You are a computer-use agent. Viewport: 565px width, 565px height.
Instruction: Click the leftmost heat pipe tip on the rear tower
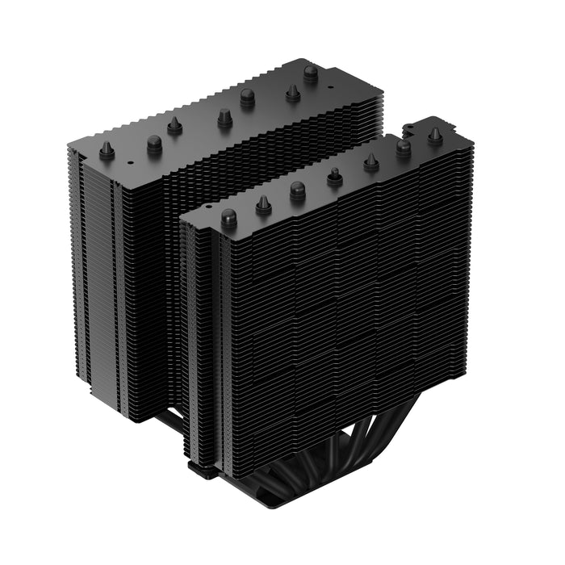(x=107, y=150)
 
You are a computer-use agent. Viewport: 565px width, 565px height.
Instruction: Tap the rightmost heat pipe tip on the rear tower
(x=311, y=73)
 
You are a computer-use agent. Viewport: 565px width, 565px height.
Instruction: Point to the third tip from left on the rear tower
(x=174, y=125)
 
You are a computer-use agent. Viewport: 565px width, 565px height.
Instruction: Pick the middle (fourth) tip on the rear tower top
(x=224, y=119)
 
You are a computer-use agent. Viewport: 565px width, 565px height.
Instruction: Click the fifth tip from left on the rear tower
(x=248, y=98)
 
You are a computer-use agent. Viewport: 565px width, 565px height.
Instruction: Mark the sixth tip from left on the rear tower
(x=293, y=93)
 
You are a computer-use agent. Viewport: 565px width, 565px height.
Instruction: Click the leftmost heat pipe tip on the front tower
(x=228, y=217)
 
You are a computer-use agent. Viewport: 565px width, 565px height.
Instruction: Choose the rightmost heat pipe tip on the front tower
(x=436, y=136)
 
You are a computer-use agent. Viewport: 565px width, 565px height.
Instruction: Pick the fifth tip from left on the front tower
(x=371, y=162)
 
